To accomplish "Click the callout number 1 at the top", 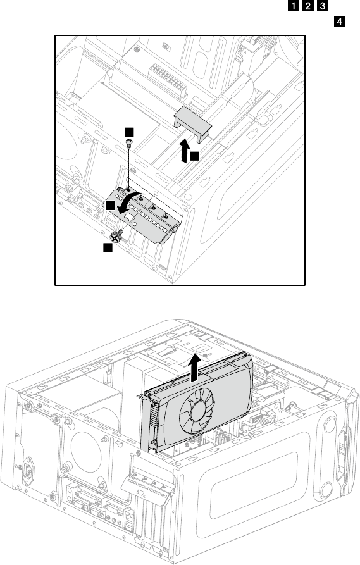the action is tap(294, 6).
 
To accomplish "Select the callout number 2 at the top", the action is tap(307, 6).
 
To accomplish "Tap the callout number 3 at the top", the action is tap(322, 6).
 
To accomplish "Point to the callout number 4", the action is tap(340, 22).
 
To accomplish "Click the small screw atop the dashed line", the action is tap(128, 142).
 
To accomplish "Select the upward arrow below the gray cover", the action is tap(185, 151).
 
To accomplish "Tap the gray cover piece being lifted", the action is tap(192, 121).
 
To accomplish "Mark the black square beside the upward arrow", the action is tap(195, 156).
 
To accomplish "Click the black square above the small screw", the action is tap(129, 132).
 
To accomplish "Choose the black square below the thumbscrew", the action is tap(108, 247).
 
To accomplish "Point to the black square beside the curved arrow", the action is tap(110, 206).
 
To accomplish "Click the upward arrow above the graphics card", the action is tap(195, 367).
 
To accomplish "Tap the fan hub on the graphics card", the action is tap(197, 411).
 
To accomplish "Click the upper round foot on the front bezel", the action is tap(330, 425).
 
